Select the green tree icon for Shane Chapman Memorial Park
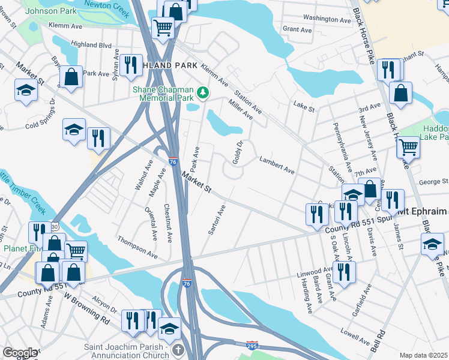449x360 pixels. [203, 92]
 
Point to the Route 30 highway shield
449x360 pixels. [55, 226]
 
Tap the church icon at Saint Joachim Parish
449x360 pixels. [177, 350]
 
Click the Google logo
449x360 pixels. [19, 353]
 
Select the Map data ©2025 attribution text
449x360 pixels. [424, 355]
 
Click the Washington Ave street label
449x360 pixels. [327, 19]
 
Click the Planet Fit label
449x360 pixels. [16, 248]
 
